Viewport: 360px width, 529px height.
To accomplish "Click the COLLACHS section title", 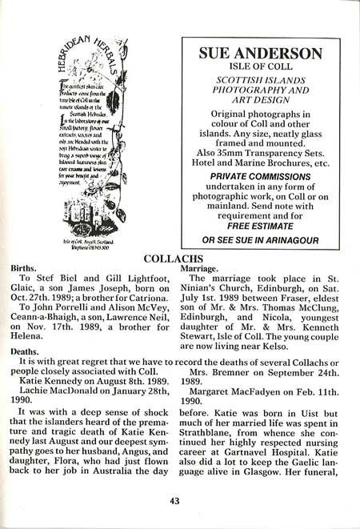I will tap(179, 260).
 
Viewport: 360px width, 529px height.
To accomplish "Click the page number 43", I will tap(179, 502).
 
